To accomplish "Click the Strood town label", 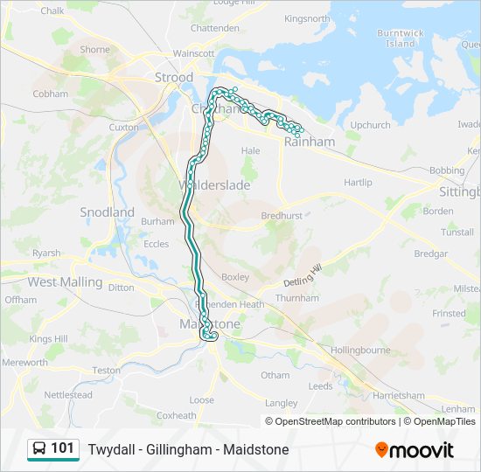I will point(173,78).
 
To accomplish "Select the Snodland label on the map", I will point(107,212).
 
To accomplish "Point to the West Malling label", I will point(65,282).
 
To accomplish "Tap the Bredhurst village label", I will point(281,214).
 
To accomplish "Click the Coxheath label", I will point(177,415).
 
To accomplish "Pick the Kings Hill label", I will point(48,339).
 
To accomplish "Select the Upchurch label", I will point(370,125).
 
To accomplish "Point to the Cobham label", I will point(50,94).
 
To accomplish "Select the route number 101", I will point(62,449).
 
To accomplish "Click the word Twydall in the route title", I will point(110,450).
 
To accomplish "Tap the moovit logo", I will point(415,450).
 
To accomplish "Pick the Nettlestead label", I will point(68,395).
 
